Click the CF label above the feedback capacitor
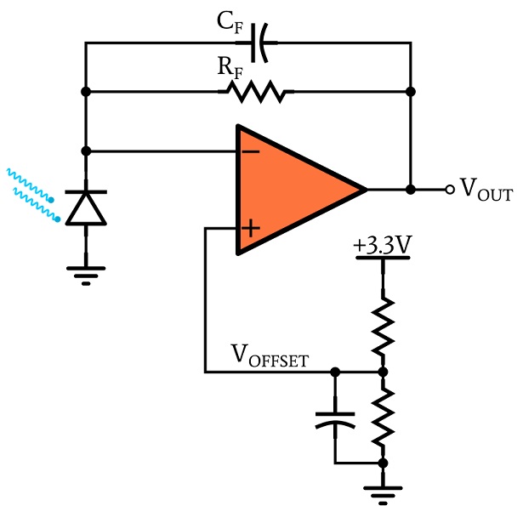(x=230, y=23)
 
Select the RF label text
(x=230, y=68)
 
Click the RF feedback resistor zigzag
(x=256, y=91)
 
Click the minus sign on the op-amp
(x=251, y=152)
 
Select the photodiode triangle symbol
(x=86, y=208)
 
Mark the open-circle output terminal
(x=450, y=190)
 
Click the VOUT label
(x=486, y=190)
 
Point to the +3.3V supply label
(x=383, y=245)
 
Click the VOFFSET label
(x=270, y=355)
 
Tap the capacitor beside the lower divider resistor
(x=335, y=420)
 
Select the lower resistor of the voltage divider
(x=384, y=417)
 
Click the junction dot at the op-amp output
(x=411, y=190)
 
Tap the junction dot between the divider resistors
(x=384, y=372)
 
